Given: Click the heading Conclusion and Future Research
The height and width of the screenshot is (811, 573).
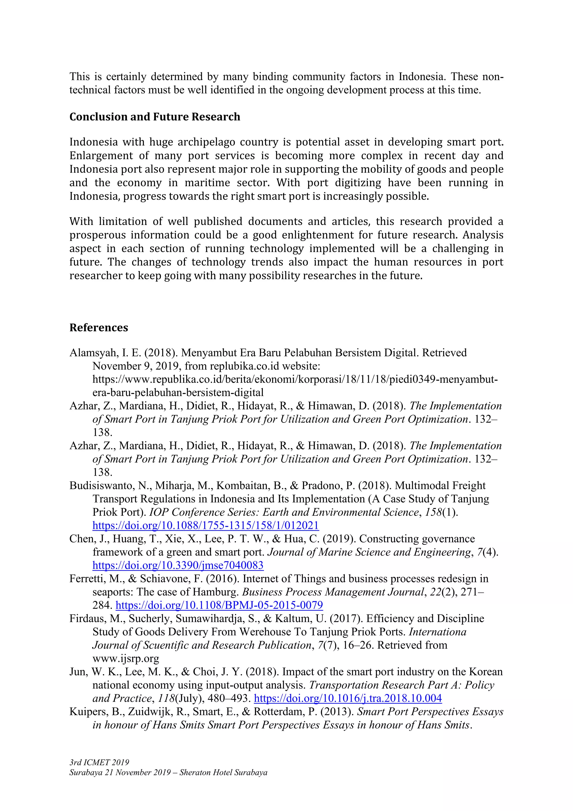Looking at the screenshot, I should [155, 117].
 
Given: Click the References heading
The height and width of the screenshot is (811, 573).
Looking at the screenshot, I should [98, 327].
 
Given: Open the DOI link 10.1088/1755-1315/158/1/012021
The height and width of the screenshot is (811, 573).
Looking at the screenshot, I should [205, 526].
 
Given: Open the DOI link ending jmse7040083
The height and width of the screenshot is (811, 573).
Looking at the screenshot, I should [178, 566].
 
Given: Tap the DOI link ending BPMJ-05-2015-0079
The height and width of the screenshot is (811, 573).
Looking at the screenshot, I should [219, 605].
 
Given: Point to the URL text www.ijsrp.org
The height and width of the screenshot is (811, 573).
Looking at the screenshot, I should [126, 659].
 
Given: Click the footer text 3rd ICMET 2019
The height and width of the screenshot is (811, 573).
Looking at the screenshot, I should [99, 763].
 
